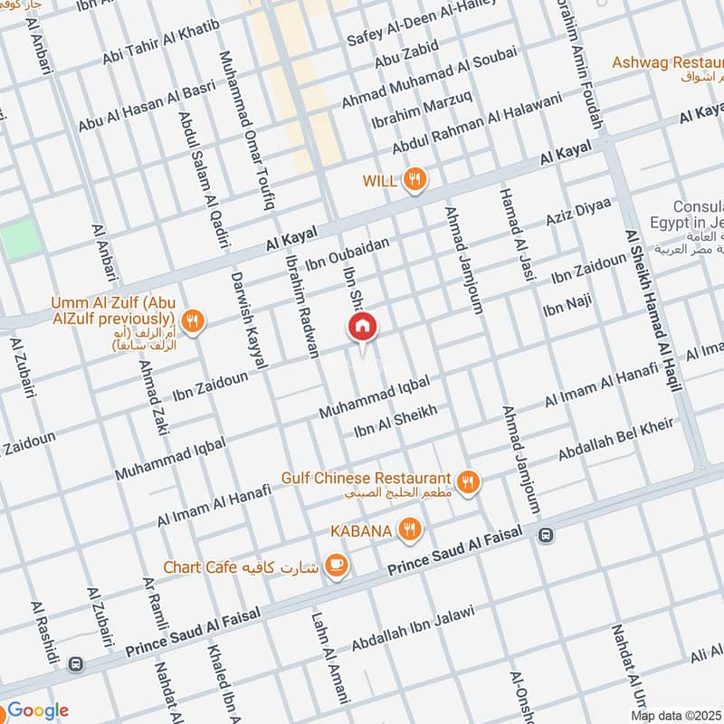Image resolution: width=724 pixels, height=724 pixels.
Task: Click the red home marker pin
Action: (362, 327)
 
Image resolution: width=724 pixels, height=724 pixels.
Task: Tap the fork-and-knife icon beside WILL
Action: (414, 179)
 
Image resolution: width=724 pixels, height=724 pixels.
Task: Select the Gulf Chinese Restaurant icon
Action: (467, 481)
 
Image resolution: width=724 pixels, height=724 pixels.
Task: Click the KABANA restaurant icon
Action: (409, 530)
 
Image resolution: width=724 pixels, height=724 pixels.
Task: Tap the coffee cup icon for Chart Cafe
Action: (337, 566)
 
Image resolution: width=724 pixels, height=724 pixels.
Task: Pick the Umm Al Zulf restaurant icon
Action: (192, 319)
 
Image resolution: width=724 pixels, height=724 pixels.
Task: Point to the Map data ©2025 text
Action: (676, 715)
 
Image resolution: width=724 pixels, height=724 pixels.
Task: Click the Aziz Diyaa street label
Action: (578, 212)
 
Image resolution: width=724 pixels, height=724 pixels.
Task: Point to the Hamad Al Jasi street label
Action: (513, 233)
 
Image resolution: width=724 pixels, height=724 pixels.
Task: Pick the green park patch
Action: (21, 237)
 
